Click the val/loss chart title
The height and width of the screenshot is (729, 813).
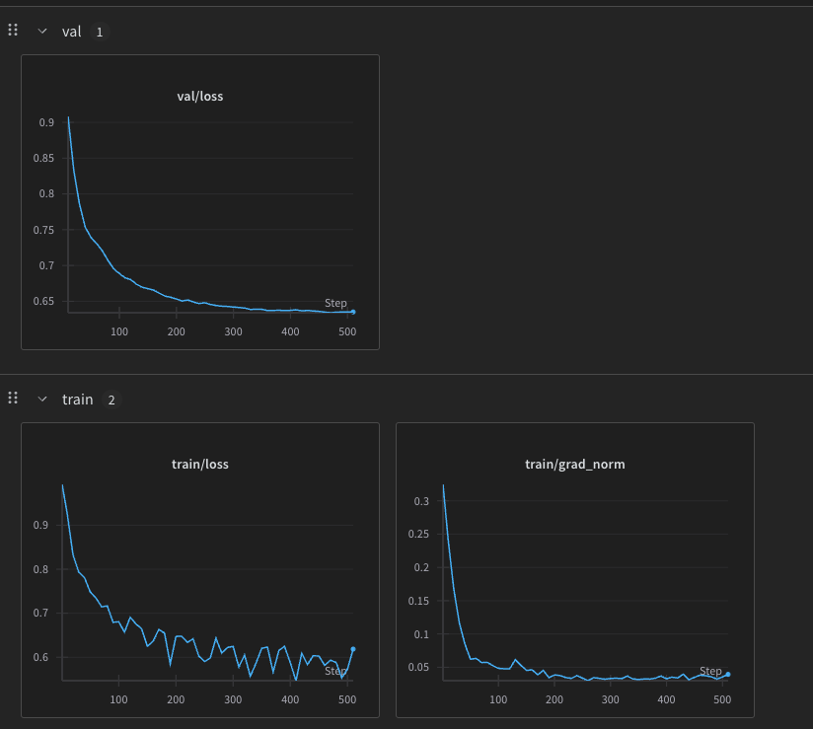(200, 96)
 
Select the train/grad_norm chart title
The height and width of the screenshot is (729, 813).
(574, 464)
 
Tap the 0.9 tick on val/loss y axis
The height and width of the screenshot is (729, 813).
(46, 122)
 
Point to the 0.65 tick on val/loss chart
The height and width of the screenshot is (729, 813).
(43, 301)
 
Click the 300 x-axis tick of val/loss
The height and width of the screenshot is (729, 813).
(233, 331)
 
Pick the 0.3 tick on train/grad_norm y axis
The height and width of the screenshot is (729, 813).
(421, 501)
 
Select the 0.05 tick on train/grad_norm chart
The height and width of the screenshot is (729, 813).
(418, 668)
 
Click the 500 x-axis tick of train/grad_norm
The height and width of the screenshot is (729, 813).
(721, 699)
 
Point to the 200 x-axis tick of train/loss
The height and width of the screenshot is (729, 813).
(177, 699)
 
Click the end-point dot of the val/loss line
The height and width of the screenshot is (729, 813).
(353, 312)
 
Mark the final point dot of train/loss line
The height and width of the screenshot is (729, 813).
(353, 649)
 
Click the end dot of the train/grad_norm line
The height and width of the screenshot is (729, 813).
(728, 675)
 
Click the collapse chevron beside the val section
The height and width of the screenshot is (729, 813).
(41, 32)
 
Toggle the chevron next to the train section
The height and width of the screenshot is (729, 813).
(41, 400)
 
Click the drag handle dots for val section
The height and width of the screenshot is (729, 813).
(13, 31)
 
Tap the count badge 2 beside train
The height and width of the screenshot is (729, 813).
(111, 400)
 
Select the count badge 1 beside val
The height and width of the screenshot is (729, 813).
(99, 32)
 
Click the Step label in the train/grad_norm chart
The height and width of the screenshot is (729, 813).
(710, 672)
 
